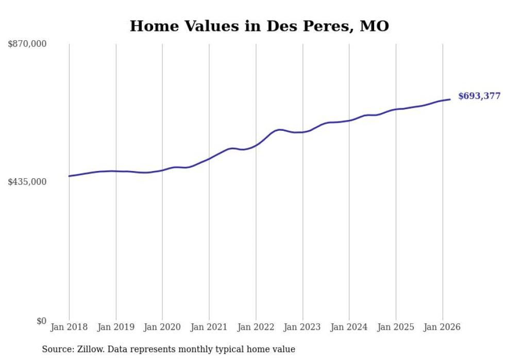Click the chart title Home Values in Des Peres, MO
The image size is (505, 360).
(259, 26)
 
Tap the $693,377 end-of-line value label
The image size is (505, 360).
(479, 96)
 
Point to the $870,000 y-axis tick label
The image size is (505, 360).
(27, 44)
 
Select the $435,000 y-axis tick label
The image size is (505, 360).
(27, 182)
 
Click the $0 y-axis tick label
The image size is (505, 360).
(41, 321)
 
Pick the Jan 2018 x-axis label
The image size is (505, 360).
(69, 327)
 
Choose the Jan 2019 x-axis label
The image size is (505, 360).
(116, 327)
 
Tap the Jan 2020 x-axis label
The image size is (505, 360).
(162, 327)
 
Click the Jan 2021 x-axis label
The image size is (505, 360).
(209, 327)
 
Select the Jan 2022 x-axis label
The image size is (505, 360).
(256, 327)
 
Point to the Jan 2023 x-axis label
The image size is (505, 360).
(302, 327)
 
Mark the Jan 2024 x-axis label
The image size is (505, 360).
(349, 327)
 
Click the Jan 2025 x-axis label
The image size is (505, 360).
(396, 327)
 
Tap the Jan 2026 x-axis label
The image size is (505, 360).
(442, 327)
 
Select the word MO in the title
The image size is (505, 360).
(374, 26)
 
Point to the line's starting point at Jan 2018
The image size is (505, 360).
(69, 176)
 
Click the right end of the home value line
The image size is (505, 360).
(450, 99)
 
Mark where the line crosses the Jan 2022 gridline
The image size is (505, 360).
(256, 145)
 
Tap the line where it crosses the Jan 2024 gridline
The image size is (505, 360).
(349, 121)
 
